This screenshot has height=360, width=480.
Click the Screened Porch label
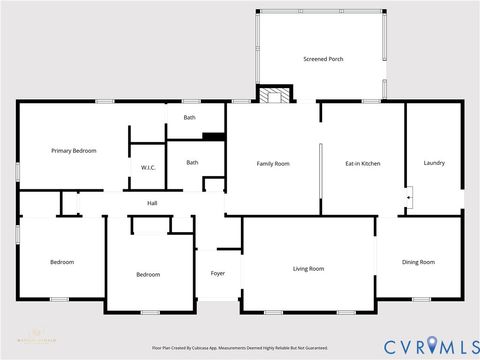point(322,59)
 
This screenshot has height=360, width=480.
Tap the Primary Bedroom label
point(74,150)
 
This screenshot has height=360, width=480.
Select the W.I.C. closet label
point(147,167)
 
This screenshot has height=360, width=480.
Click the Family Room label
point(273,163)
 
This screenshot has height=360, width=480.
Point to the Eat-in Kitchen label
point(362,163)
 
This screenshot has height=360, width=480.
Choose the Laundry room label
point(434,163)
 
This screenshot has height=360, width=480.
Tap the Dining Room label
point(418,262)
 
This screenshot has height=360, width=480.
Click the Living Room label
point(308,268)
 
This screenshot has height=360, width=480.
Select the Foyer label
point(217,273)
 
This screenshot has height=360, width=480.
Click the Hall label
point(152,203)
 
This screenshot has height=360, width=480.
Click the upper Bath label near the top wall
point(189,118)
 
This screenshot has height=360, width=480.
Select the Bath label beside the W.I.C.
point(192,162)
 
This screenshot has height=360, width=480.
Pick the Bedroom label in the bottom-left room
point(62,262)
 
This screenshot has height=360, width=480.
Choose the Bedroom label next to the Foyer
point(148,273)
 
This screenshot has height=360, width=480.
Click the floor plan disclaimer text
point(239,348)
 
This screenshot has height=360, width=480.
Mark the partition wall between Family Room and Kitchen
point(320,177)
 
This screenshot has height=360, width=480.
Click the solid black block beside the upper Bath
point(213,136)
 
